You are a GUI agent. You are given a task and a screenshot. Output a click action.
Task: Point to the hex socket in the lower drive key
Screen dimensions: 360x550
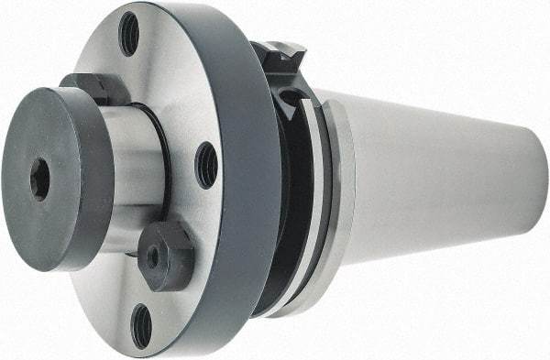point(153,257)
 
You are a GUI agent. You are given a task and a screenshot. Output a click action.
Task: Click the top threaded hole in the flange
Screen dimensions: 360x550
point(129,34)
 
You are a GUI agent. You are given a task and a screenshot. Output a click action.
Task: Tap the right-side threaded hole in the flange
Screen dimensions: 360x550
point(206,165)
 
